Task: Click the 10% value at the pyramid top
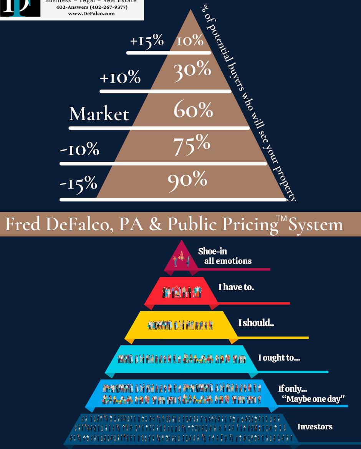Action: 190,40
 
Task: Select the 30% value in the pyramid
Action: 192,70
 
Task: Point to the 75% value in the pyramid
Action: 192,145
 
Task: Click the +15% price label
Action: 146,40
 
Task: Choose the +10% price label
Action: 120,78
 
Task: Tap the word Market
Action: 99,114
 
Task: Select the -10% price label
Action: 79,149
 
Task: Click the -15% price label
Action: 78,183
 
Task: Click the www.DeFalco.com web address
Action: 91,13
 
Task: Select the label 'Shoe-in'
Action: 212,251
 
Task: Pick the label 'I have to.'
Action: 236,287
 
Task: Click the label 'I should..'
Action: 256,323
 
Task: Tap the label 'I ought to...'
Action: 279,358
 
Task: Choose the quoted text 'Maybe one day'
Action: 313,399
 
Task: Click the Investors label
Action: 315,426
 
